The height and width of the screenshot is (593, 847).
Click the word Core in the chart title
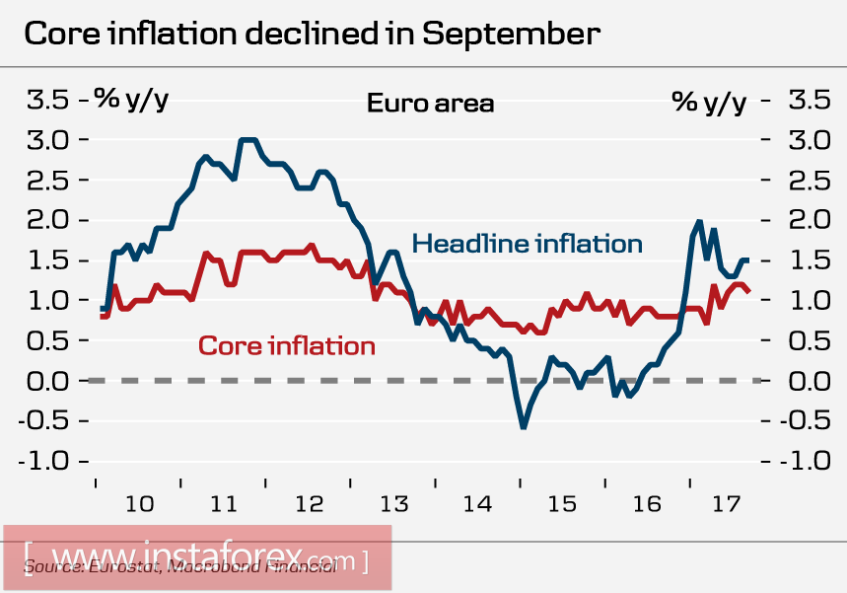(62, 34)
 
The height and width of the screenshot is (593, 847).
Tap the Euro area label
(430, 103)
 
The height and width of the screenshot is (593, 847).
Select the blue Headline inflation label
(527, 243)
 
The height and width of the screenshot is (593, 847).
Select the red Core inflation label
(286, 345)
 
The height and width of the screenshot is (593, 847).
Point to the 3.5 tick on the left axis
(48, 100)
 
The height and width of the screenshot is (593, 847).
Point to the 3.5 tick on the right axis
(808, 100)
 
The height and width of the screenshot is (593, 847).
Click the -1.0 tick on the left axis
(48, 461)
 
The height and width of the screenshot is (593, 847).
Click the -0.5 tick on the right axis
(808, 420)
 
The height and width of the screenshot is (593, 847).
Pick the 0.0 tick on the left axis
(48, 380)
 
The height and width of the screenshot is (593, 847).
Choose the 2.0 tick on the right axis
(808, 220)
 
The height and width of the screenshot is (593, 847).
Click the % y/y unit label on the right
(709, 100)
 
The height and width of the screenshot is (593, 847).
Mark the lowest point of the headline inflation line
(523, 426)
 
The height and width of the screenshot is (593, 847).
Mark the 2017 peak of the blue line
(699, 222)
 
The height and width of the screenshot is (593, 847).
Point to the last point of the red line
(748, 291)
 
